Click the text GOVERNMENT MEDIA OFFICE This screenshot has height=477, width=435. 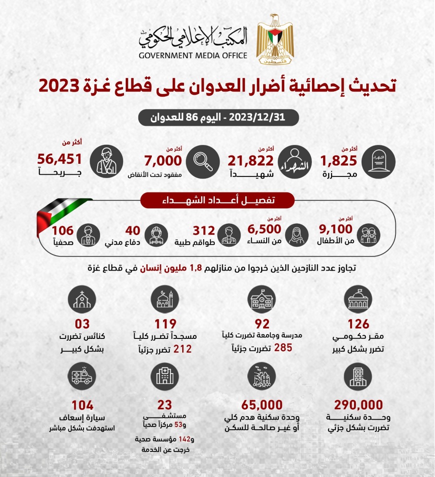coord(193,56)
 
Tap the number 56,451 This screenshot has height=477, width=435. coord(60,160)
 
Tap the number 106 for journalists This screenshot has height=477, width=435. coord(63,230)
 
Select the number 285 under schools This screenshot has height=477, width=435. coord(283,348)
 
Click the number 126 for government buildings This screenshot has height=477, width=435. coord(358,324)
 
